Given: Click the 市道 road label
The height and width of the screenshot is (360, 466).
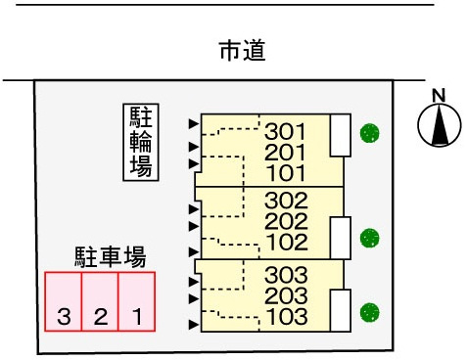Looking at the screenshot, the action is click(x=243, y=51).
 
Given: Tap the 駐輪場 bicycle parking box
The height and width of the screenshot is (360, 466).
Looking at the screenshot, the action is click(x=141, y=142).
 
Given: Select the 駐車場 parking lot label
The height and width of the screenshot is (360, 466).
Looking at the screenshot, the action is click(x=111, y=257).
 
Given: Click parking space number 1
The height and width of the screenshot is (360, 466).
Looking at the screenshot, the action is click(x=136, y=301).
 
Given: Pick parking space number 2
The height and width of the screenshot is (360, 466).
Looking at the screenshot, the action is click(x=100, y=301).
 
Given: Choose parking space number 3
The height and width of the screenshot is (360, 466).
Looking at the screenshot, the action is click(x=64, y=301).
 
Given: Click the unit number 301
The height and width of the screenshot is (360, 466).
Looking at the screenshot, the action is click(x=285, y=131).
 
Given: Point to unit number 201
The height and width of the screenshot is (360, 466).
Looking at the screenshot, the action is click(x=285, y=153).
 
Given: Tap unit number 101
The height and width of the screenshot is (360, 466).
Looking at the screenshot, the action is click(x=286, y=173).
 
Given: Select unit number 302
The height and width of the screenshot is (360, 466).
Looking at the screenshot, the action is click(x=286, y=201).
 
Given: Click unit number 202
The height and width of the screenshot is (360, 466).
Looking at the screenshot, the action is click(x=286, y=221).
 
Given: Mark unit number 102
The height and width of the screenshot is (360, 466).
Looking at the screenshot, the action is click(x=287, y=242).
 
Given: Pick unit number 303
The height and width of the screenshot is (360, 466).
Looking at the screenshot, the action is click(x=286, y=275).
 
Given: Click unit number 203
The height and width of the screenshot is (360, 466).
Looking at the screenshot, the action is click(x=286, y=295).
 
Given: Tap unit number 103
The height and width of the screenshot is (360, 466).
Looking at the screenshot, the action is click(x=287, y=316).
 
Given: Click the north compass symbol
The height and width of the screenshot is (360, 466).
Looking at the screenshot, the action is click(x=440, y=125).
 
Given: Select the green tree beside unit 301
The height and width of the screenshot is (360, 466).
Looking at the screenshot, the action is click(x=369, y=133).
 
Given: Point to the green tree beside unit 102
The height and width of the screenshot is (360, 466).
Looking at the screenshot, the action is click(x=369, y=238).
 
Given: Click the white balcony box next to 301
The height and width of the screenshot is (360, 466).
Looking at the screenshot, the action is click(x=341, y=135).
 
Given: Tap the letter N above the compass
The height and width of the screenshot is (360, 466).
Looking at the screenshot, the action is click(x=439, y=96).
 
